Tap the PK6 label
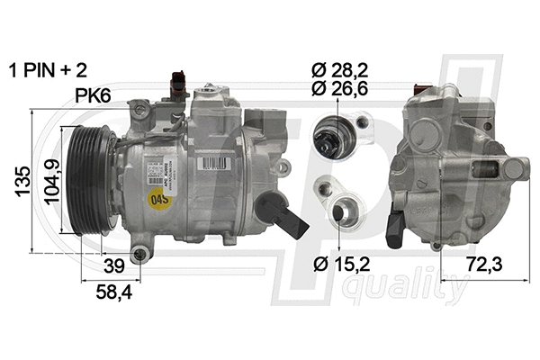pos(95,94)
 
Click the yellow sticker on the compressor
pos(161,197)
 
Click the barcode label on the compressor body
pos(211,163)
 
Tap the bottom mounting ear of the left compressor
pos(139,255)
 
